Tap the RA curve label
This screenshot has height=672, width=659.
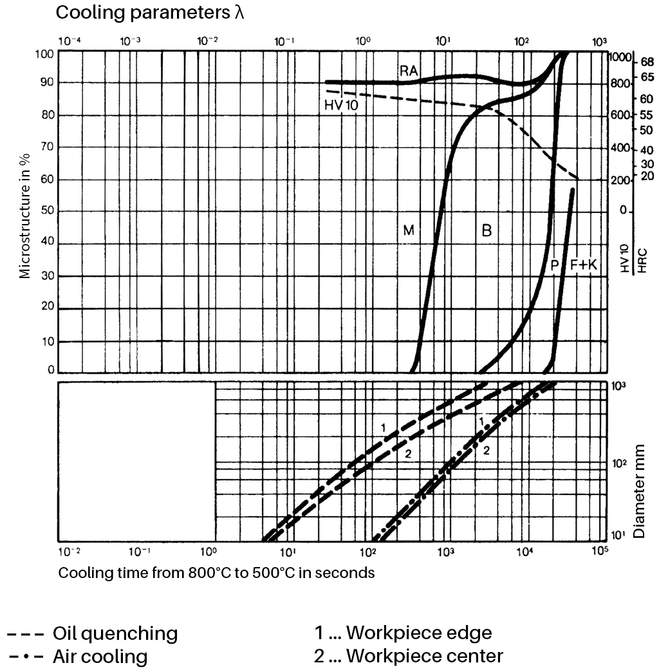click(x=409, y=71)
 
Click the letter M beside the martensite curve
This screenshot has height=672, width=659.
click(x=409, y=230)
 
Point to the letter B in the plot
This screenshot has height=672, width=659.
click(x=487, y=230)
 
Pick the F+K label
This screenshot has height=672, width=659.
click(x=584, y=264)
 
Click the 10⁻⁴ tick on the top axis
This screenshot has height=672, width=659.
click(x=70, y=41)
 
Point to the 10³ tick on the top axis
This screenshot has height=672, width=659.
click(x=599, y=41)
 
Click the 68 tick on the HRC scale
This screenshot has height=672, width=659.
click(x=646, y=62)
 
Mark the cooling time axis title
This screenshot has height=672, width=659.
click(x=216, y=572)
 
